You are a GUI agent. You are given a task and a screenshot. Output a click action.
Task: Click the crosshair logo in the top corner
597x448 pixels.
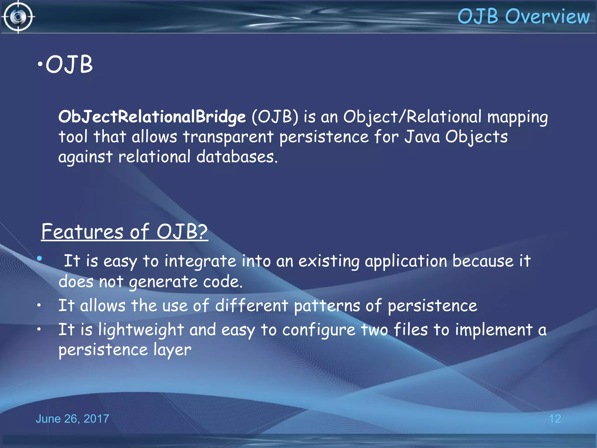pos(18,17)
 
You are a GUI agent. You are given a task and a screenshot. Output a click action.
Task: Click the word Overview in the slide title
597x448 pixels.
pos(547,16)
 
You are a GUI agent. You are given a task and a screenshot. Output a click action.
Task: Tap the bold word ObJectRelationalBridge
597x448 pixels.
pos(152,117)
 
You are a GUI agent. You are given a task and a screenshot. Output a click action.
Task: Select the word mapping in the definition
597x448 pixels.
pos(517,117)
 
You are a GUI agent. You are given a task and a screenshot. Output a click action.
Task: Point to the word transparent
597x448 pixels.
pos(228,137)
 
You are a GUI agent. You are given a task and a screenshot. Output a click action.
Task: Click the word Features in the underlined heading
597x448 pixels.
pos(82,232)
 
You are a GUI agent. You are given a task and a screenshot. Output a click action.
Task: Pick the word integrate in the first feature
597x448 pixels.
pos(200,261)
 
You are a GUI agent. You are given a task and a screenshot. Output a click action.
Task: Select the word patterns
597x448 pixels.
pos(327,306)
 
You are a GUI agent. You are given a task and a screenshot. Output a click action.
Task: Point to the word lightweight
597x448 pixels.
pos(141,330)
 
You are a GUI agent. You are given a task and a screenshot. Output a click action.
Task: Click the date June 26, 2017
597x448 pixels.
pos(72,419)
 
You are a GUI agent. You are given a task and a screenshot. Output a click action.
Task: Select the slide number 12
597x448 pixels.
pos(555,419)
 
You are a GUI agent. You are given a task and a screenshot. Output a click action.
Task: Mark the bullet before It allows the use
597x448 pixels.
pos(39,305)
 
